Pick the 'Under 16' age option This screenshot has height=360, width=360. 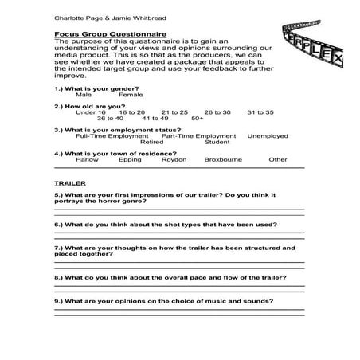(x=90, y=112)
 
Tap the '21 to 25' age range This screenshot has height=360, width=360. (x=174, y=112)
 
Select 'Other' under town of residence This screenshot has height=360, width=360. (x=277, y=159)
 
